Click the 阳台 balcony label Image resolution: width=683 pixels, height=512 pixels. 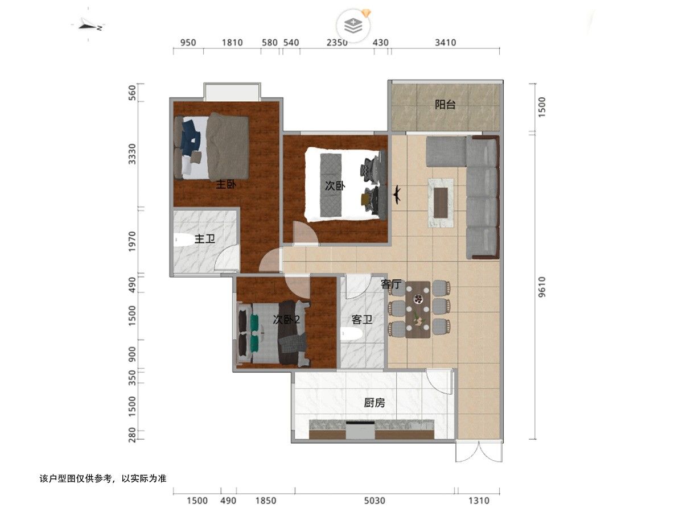445,105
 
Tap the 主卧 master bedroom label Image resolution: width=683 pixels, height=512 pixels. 226,185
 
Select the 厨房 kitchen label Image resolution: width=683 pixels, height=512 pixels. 375,403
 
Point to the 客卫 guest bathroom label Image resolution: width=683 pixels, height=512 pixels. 362,319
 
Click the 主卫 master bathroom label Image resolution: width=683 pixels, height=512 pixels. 205,239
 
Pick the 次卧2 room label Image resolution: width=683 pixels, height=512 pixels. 286,319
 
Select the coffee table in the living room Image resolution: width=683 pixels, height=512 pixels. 441,203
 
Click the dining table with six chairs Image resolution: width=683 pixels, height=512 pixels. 418,309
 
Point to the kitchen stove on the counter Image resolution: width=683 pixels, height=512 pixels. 360,430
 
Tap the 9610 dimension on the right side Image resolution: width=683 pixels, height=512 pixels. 542,287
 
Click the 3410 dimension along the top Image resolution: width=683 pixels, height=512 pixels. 445,43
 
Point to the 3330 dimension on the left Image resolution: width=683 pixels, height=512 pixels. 132,154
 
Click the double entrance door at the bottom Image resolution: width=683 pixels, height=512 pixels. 479,451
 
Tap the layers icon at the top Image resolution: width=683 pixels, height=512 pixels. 353,26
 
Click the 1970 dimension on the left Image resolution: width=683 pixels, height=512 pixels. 132,242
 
